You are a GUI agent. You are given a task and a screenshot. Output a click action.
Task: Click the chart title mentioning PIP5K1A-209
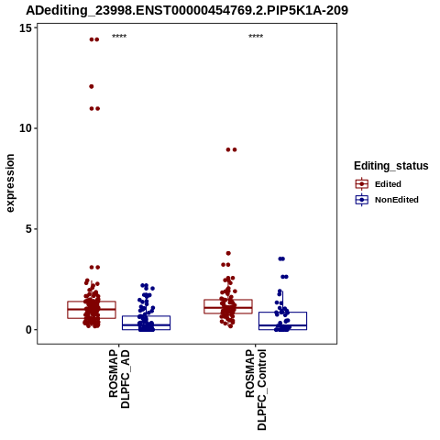(187, 10)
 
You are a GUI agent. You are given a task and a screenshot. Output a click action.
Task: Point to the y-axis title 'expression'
(10, 183)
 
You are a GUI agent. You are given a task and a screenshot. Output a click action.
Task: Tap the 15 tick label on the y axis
(26, 28)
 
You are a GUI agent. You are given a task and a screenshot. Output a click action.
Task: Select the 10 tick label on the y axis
(26, 128)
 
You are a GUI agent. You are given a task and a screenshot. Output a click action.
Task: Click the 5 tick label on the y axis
(28, 229)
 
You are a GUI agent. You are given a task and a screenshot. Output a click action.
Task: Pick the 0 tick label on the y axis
(28, 330)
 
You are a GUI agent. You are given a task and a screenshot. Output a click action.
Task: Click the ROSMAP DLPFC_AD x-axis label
(119, 379)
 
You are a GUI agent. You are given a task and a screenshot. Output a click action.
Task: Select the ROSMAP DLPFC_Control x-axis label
(256, 390)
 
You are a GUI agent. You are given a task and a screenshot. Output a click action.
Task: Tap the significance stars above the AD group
(119, 36)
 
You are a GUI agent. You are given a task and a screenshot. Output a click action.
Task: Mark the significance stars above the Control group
(256, 36)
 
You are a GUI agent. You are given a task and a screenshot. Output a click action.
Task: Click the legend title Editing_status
(391, 166)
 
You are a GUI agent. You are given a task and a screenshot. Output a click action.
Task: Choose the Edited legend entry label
(388, 184)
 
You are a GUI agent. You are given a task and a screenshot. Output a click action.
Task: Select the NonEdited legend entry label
(397, 200)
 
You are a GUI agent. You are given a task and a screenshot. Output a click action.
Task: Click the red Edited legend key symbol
(362, 184)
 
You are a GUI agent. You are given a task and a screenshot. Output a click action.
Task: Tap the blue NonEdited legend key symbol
(362, 200)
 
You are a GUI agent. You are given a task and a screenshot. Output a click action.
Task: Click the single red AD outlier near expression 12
(92, 86)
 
